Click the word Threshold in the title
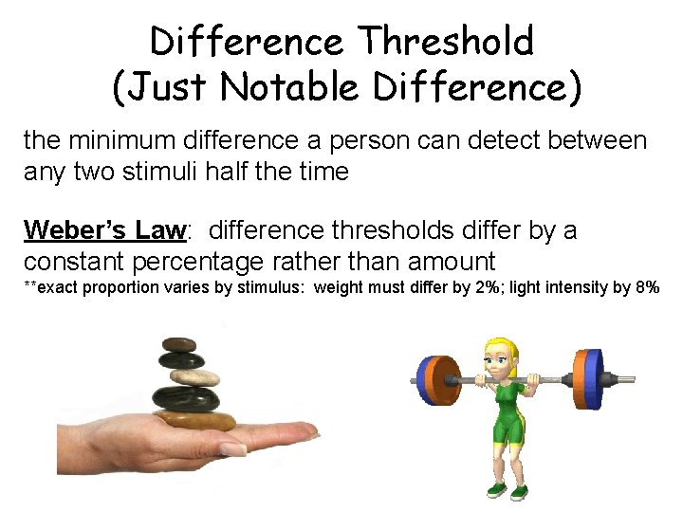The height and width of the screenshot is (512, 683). (446, 42)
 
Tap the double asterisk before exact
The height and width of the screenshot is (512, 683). (30, 286)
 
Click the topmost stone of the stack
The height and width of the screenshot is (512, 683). (178, 345)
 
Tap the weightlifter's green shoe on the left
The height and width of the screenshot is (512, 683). (495, 490)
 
